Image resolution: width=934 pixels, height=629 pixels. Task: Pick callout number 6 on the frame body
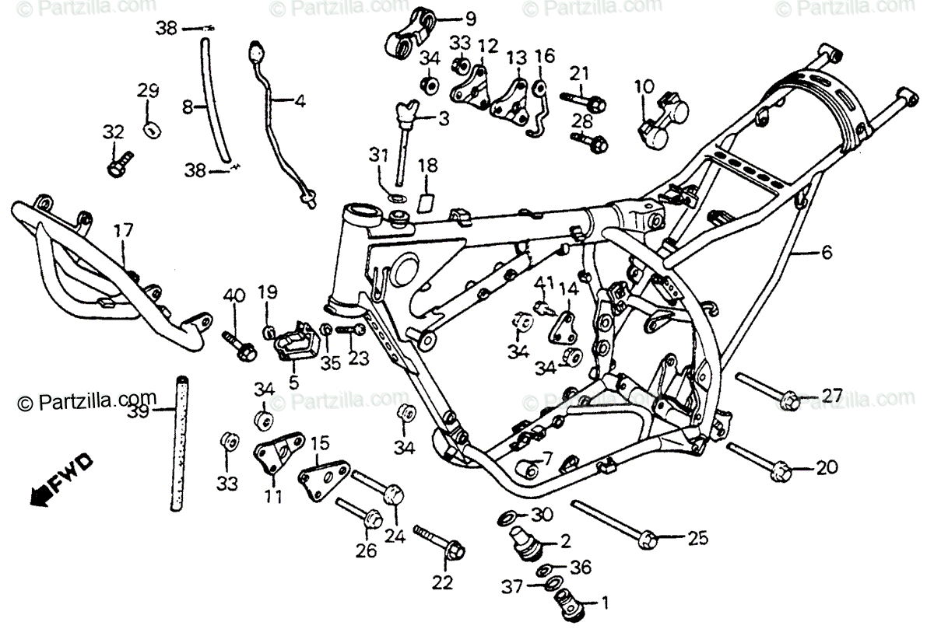click(826, 251)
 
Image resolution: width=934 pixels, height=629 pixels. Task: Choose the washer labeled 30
click(504, 516)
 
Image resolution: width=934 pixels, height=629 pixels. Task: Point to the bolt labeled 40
click(237, 347)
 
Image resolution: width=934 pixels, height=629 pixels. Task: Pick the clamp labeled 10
click(662, 117)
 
